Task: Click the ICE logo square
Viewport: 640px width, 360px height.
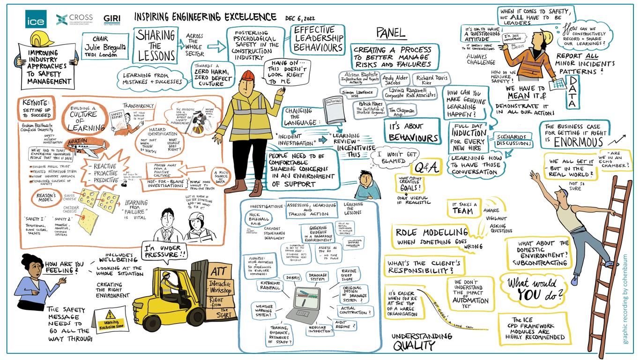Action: [x=36, y=19]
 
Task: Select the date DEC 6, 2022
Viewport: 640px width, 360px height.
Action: [x=300, y=18]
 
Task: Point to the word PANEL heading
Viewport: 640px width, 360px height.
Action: [x=391, y=34]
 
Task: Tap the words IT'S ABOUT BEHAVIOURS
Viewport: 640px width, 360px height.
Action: [x=412, y=132]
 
